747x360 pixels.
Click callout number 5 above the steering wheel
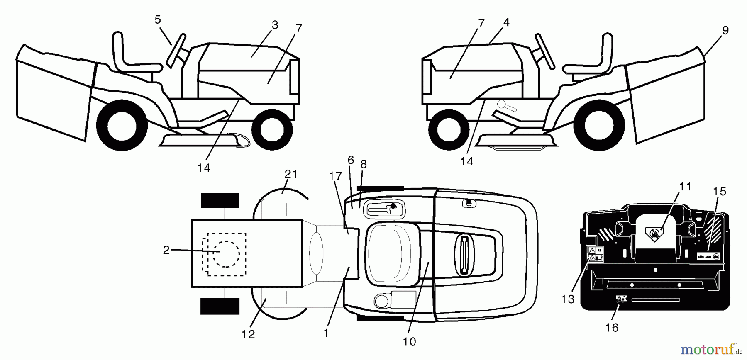coord(158,19)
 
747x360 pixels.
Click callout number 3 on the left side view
coord(275,25)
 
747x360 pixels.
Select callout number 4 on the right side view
coord(506,22)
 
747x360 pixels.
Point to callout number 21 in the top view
coord(291,174)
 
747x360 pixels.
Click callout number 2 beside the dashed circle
coord(166,250)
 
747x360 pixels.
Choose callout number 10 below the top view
coord(409,341)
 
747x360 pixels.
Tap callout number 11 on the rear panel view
coord(685,187)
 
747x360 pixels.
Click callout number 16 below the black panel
coord(612,328)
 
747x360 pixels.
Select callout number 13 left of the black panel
coord(568,299)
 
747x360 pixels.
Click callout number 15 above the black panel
coord(720,192)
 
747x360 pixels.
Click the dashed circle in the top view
coord(227,254)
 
